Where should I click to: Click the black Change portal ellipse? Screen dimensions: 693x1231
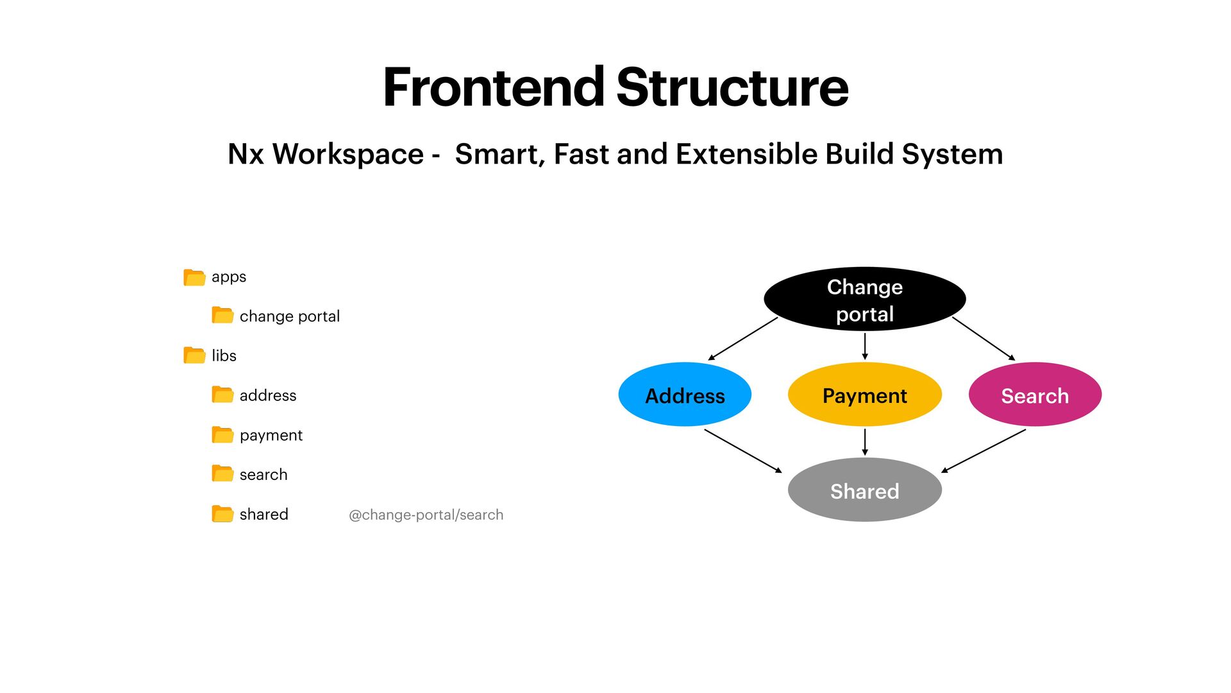point(864,299)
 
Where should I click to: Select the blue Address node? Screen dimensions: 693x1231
point(685,395)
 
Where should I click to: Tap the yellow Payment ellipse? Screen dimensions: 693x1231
point(864,395)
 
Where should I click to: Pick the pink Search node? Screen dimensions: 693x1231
point(1035,395)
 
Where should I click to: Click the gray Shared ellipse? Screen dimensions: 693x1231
point(864,490)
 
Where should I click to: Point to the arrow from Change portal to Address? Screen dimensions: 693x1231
point(742,339)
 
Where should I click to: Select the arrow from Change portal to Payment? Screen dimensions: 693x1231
point(865,346)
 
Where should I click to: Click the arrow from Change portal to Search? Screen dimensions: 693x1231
point(984,339)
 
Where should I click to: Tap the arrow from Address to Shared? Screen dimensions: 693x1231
point(742,450)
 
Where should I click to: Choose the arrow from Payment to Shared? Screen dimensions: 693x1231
point(865,442)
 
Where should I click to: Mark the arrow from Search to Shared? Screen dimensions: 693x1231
point(984,450)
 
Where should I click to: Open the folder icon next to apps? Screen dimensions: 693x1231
point(194,277)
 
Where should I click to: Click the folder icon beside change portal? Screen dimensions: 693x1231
point(222,315)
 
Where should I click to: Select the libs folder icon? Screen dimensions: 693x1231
point(194,355)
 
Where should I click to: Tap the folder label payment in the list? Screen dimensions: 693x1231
point(271,435)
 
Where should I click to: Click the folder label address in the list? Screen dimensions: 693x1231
point(268,395)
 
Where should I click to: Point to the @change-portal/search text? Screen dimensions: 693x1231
point(426,515)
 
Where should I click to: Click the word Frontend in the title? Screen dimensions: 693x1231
point(493,87)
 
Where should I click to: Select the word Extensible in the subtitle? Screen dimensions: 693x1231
point(746,154)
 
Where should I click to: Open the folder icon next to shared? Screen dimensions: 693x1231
point(222,514)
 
